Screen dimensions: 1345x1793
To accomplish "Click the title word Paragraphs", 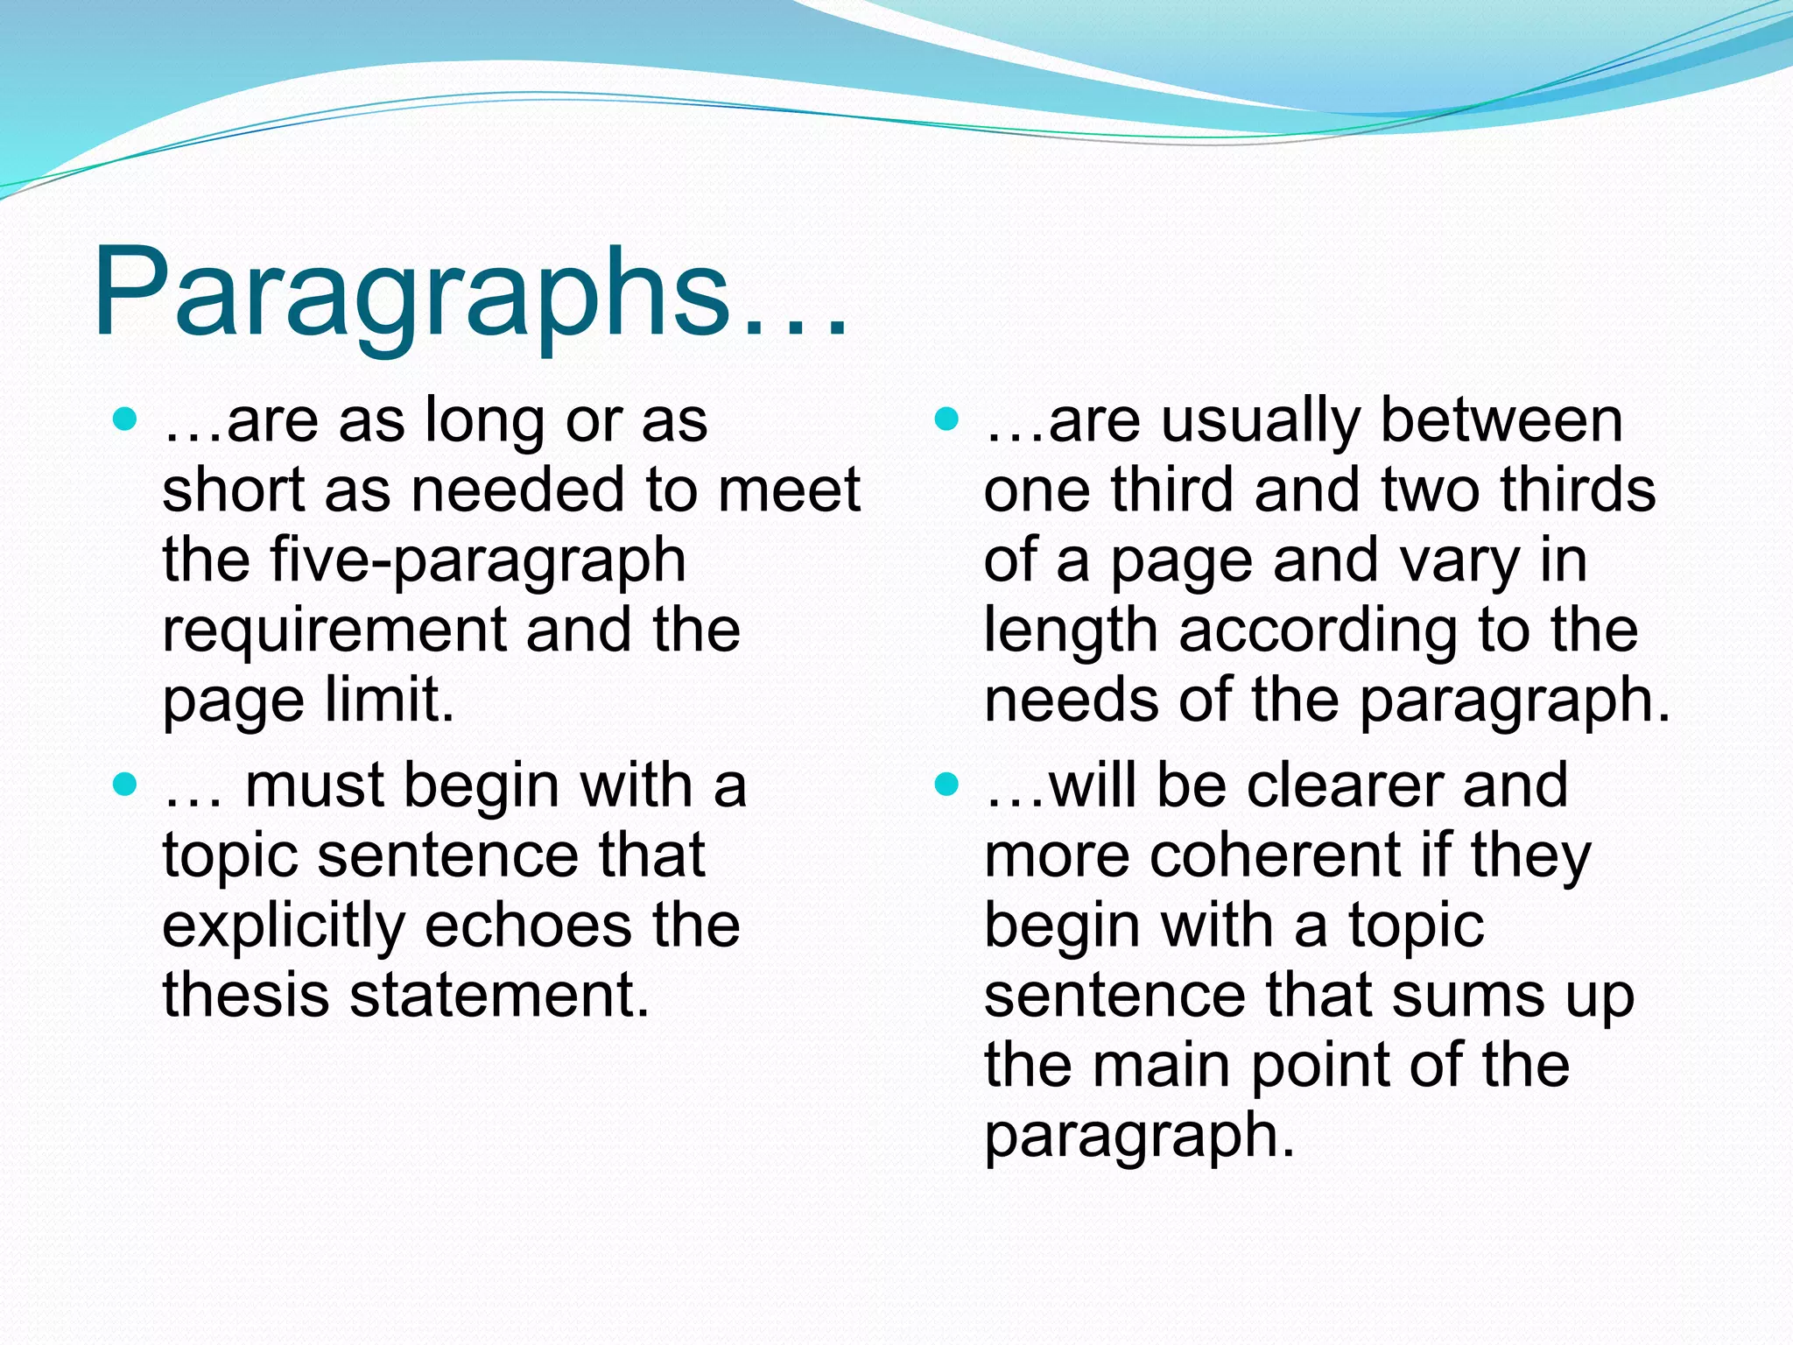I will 411,293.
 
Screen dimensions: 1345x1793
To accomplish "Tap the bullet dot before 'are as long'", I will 126,419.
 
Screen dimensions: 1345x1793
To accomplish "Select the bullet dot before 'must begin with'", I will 126,784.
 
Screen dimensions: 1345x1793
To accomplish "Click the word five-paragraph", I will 478,562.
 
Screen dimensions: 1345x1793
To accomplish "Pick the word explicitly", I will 284,926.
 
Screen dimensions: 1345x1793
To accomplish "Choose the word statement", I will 500,996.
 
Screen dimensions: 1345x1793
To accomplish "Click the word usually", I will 1262,422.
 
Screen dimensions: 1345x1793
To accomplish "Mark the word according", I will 1318,630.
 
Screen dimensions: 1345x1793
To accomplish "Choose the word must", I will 315,785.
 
